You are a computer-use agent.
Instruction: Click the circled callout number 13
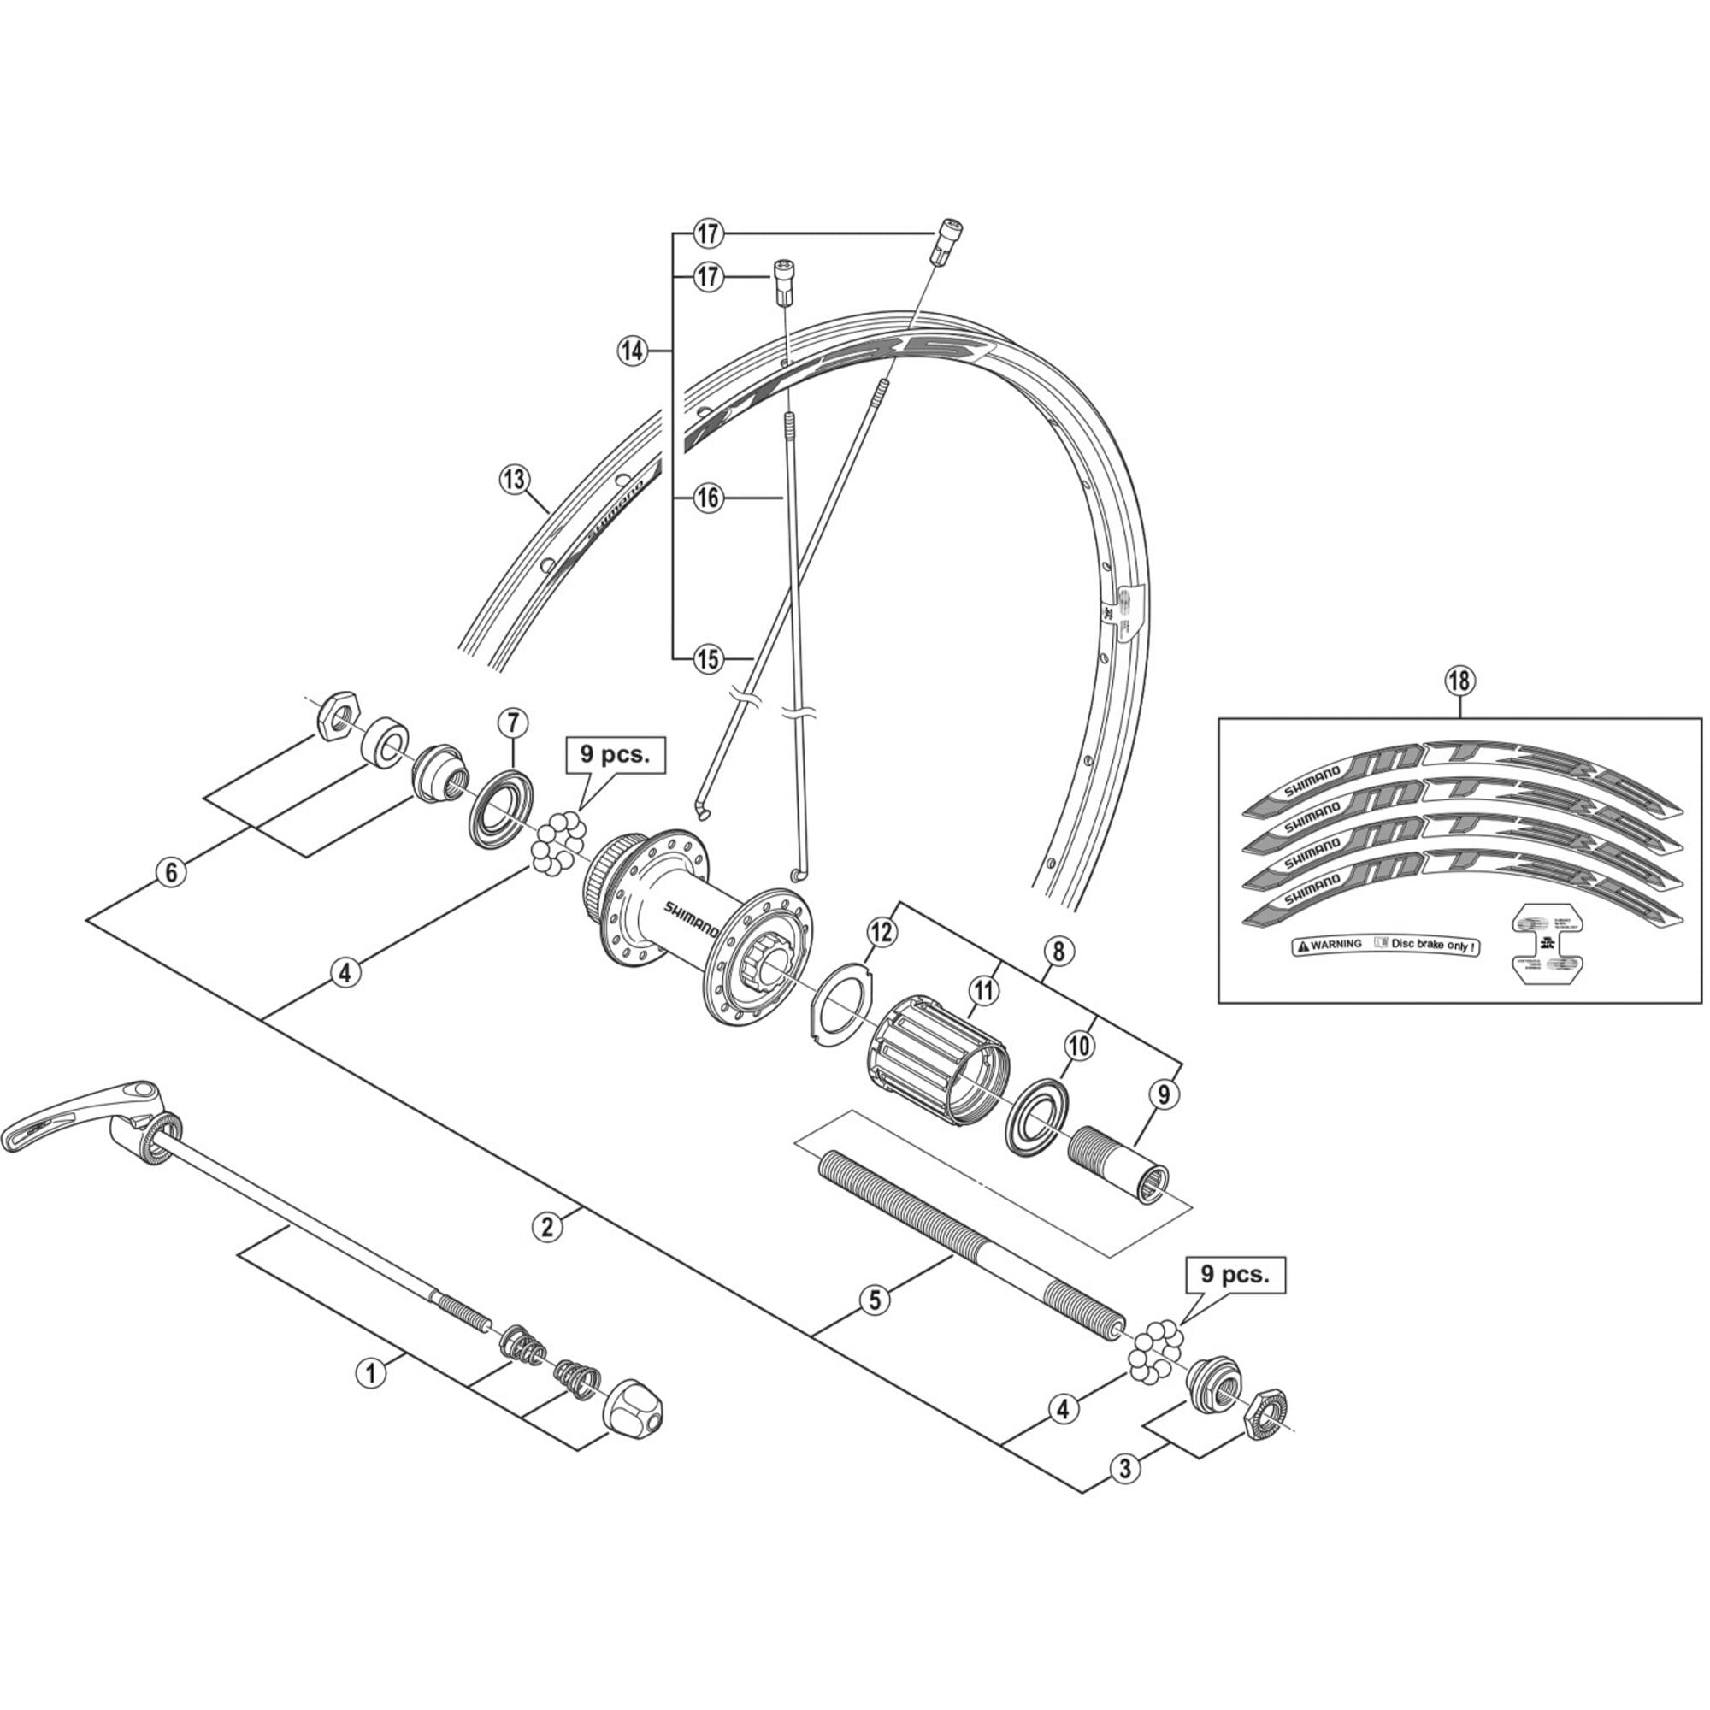tap(513, 481)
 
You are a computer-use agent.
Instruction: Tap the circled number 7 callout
tap(512, 722)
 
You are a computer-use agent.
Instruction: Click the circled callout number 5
tap(875, 1300)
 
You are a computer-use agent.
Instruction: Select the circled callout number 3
tap(1125, 1467)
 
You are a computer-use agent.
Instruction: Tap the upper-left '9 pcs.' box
tap(614, 755)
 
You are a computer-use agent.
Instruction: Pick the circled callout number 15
tap(709, 658)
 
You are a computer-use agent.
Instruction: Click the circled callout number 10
tap(1079, 1047)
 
